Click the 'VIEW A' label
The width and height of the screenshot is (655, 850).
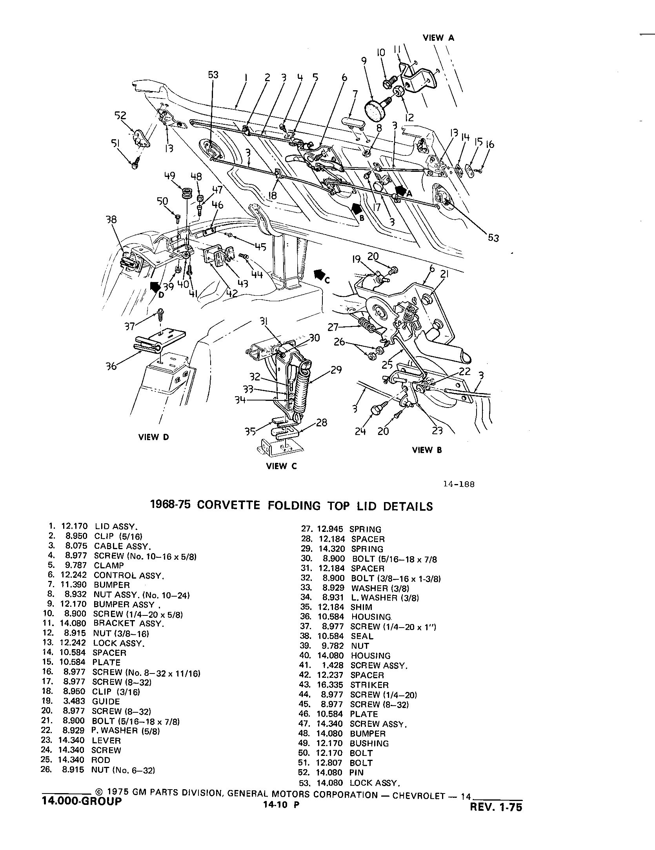click(x=438, y=38)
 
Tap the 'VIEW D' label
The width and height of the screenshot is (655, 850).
click(x=154, y=437)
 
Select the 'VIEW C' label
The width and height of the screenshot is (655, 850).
click(x=281, y=466)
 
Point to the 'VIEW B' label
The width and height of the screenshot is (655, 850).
click(x=427, y=450)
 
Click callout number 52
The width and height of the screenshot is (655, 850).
click(x=120, y=115)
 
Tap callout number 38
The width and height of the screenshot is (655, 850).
click(x=111, y=220)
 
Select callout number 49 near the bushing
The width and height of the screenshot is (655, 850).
click(x=169, y=176)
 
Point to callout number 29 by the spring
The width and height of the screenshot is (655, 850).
click(x=336, y=370)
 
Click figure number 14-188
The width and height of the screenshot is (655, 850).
click(x=458, y=484)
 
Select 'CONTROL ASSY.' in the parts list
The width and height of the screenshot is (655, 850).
click(x=129, y=576)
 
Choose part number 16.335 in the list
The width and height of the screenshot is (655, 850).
click(x=332, y=685)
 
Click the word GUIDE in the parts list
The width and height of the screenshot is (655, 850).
click(x=106, y=701)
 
